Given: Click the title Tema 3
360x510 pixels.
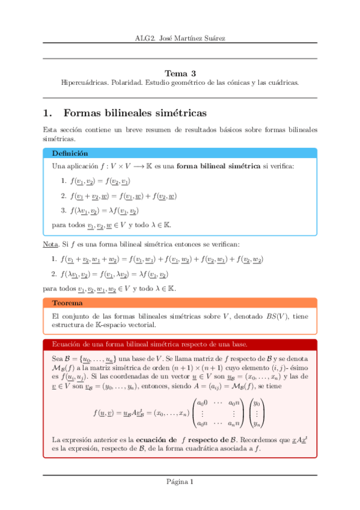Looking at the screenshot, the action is (180, 71).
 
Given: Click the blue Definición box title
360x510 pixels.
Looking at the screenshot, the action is (70, 153).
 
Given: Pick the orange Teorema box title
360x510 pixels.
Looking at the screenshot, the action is (67, 303).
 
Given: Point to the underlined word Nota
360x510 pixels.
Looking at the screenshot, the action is (50, 245).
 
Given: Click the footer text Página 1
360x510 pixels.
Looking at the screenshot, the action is (180, 481).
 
